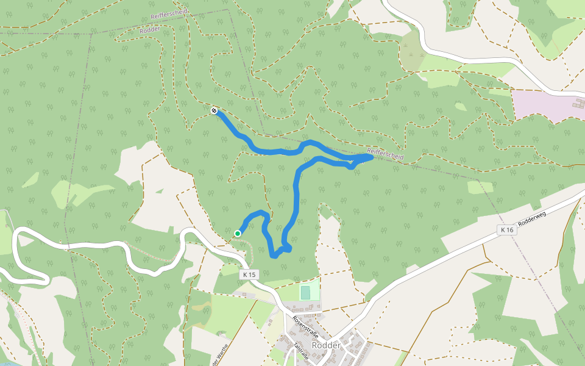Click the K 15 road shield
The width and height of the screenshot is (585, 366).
tap(249, 275)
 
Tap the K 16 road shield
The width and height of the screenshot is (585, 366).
tap(506, 230)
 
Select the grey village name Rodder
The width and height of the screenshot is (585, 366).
tap(325, 345)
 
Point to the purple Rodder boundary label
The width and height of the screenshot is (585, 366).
tap(150, 29)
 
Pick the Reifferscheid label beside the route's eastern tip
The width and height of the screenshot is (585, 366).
tap(385, 154)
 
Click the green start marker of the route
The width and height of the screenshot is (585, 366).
tap(238, 233)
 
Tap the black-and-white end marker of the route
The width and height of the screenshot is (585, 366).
tap(214, 110)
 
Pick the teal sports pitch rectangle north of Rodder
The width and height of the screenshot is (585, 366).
tap(305, 293)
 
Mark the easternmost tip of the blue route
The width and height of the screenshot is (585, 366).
tap(371, 157)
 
